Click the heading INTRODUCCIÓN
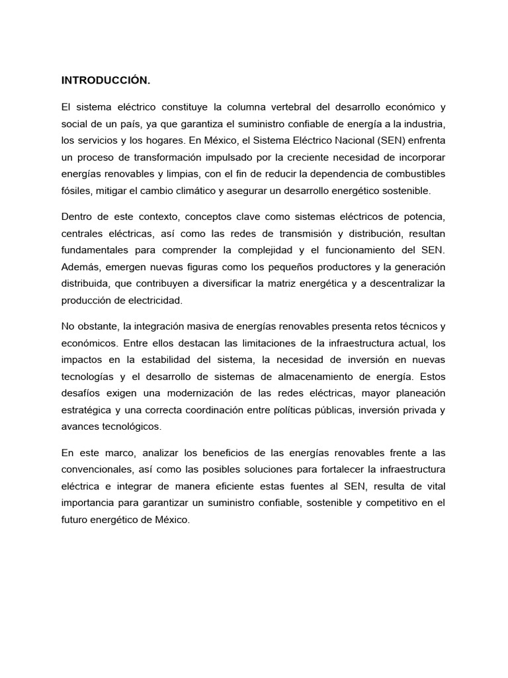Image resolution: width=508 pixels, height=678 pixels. (106, 81)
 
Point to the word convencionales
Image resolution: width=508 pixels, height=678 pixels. (95, 469)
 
